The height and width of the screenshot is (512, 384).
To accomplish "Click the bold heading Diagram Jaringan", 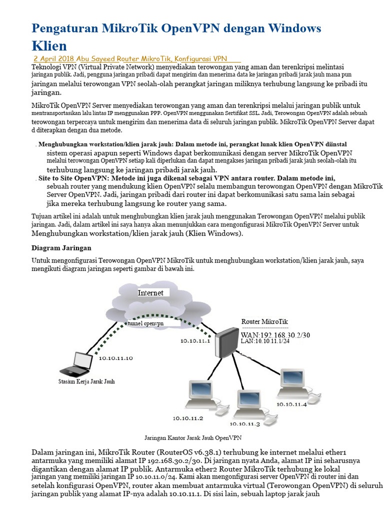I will (x=61, y=248).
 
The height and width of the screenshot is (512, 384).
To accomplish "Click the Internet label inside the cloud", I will (x=150, y=292).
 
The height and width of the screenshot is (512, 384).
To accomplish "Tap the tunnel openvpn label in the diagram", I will (x=145, y=323).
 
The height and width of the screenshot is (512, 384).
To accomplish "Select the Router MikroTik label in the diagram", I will (x=264, y=321).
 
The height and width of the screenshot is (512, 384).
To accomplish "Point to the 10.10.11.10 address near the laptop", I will (x=115, y=358).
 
